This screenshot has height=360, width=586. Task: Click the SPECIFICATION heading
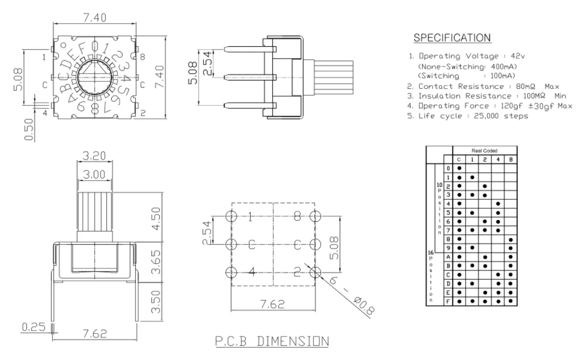tap(452, 38)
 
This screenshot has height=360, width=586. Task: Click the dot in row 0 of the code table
tap(459, 168)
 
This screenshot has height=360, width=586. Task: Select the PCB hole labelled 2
tap(316, 273)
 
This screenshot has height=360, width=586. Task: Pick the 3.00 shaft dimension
tap(94, 174)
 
